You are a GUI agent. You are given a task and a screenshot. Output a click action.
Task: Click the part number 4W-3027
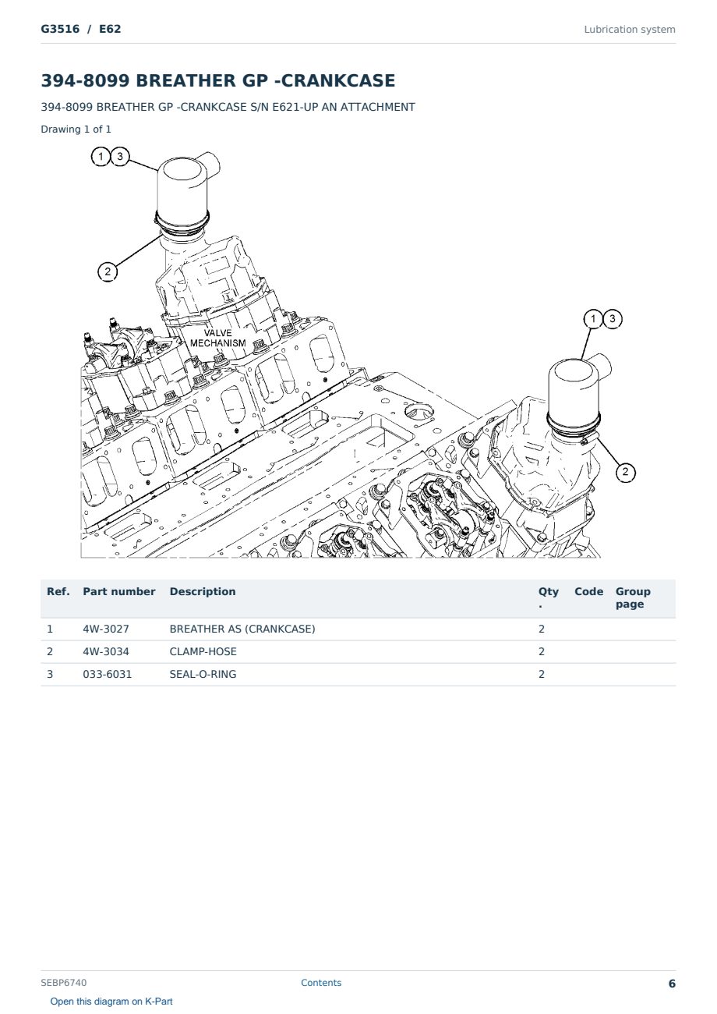tap(105, 629)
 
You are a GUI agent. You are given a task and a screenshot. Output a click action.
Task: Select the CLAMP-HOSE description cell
tap(203, 651)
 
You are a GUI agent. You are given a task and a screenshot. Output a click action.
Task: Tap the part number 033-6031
tap(108, 674)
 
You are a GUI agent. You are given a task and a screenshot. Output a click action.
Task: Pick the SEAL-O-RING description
tap(203, 674)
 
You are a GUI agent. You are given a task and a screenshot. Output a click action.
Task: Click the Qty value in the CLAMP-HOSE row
tap(542, 651)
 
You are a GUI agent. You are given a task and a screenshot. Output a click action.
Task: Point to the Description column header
tap(202, 591)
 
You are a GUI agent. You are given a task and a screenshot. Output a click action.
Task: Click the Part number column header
tap(119, 591)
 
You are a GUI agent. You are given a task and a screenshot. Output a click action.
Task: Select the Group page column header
tap(633, 597)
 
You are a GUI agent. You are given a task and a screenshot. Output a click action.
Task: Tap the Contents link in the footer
tap(321, 982)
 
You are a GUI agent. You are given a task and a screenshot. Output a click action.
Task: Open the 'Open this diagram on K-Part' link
tap(111, 1001)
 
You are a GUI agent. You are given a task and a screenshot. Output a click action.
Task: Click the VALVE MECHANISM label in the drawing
tap(217, 339)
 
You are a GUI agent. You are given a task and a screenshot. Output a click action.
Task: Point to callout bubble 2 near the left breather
tap(108, 271)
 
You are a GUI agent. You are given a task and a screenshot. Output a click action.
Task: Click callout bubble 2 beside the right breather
tap(626, 472)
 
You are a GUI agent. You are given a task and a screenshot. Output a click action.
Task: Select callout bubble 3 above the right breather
tap(613, 319)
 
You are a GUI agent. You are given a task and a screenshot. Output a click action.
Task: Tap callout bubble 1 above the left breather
tap(101, 157)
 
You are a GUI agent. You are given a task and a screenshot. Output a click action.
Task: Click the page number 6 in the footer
tap(672, 984)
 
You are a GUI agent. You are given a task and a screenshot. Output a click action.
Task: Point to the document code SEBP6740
tap(64, 982)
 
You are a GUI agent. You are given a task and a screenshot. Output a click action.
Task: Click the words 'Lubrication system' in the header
tap(630, 30)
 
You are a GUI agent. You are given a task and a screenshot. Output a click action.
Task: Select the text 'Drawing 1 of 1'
tap(76, 129)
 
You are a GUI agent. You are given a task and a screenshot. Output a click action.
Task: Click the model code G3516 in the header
tap(60, 29)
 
